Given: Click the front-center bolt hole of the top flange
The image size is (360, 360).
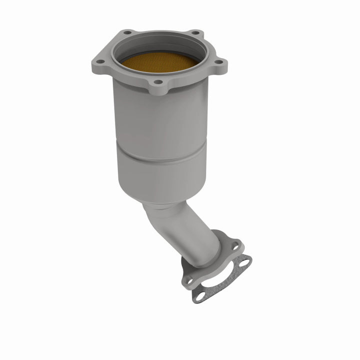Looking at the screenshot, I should [158, 82].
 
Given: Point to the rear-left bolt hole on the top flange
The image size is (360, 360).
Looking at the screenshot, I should [128, 33].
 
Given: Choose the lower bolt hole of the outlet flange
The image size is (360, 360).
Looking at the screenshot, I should [189, 281].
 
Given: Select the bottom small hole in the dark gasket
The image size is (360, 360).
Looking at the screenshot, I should [200, 296].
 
